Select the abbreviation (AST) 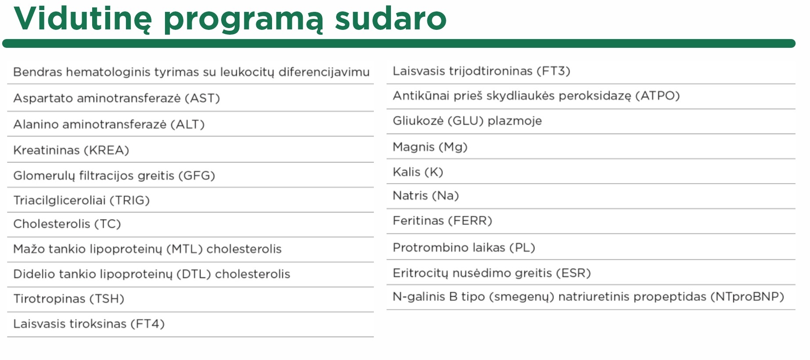point(202,98)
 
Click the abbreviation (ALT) point(188,125)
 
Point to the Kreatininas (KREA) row point(71,150)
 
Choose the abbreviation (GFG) point(197,176)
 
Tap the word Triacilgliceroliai point(60,201)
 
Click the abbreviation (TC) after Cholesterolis point(108,224)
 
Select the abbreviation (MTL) point(184,249)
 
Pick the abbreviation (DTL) point(194,274)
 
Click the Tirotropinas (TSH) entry point(69,299)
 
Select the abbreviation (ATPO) point(658,96)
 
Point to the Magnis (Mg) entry point(430,147)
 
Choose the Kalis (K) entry point(418,172)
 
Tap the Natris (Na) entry point(426,196)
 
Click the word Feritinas point(418,221)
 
